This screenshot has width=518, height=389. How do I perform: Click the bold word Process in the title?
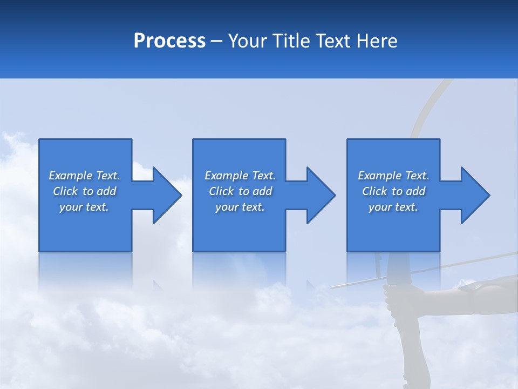[x=169, y=41]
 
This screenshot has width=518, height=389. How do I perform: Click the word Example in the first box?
[x=70, y=176]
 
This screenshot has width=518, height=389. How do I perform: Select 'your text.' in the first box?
[x=84, y=207]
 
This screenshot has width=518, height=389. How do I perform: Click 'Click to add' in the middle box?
[x=240, y=191]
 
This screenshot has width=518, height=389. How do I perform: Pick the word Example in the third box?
[x=379, y=176]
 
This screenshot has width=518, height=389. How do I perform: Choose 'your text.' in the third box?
[x=393, y=207]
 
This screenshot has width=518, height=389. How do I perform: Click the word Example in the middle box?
[x=226, y=176]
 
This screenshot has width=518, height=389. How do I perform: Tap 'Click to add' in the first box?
[x=84, y=191]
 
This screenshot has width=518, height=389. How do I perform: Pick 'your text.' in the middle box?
[x=240, y=207]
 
